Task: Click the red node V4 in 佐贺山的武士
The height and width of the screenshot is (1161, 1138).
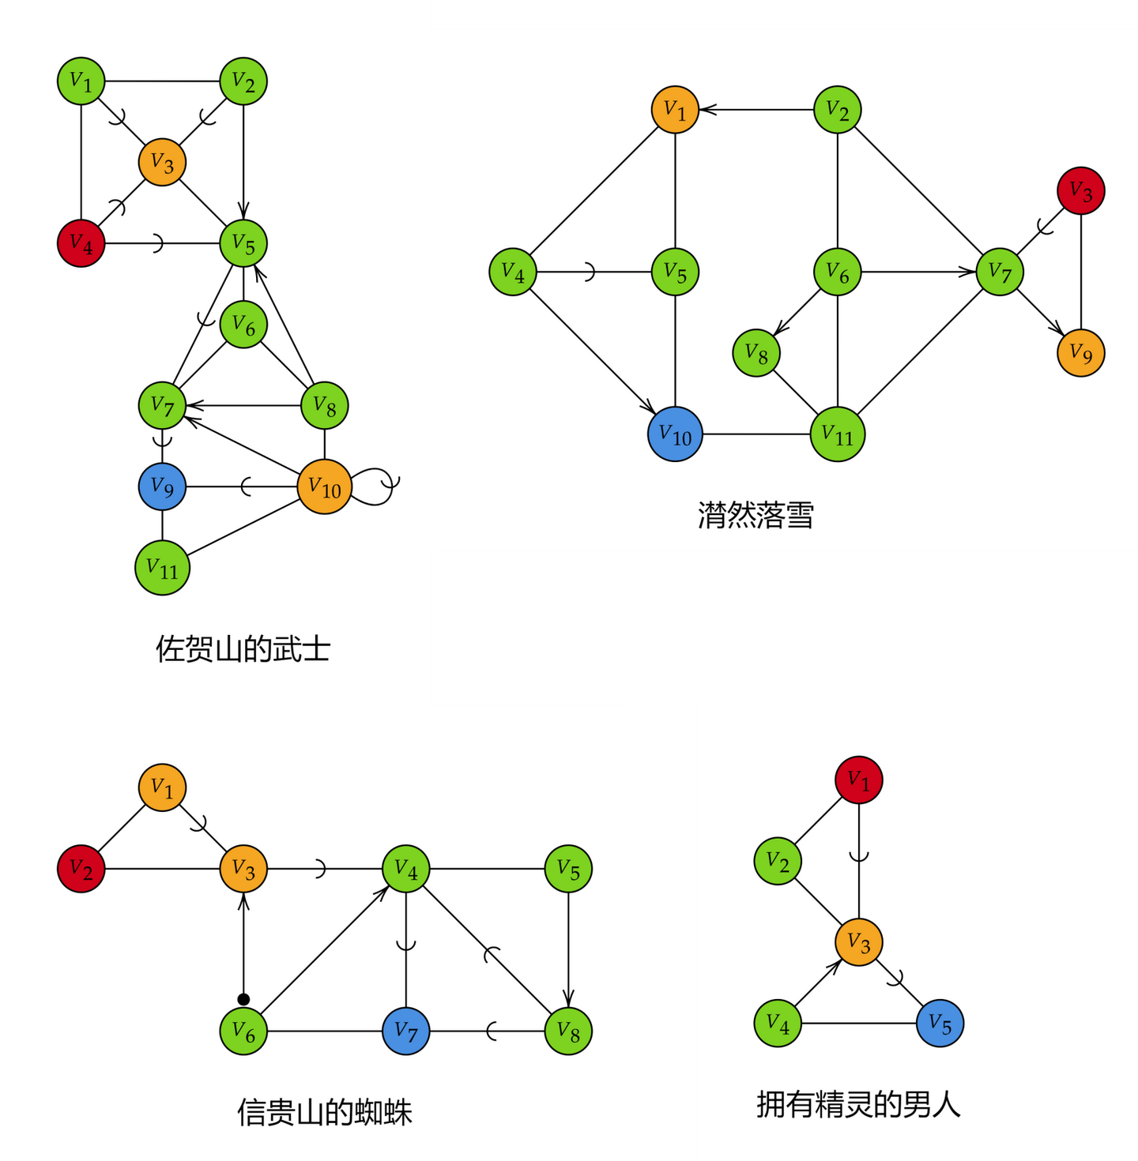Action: [x=81, y=243]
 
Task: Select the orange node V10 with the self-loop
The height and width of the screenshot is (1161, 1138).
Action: [x=324, y=487]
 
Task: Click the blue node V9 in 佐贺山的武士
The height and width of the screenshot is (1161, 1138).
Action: [x=162, y=487]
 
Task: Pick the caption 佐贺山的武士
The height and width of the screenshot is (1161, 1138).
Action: [x=243, y=649]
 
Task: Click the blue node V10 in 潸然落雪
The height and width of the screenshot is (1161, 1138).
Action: [x=675, y=434]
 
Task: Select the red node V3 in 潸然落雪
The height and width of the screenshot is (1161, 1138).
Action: [x=1080, y=190]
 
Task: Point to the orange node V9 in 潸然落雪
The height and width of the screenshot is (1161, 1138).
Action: [x=1080, y=352]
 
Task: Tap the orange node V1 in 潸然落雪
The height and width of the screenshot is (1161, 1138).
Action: [x=675, y=110]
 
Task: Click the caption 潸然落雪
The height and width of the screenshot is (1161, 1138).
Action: [x=756, y=515]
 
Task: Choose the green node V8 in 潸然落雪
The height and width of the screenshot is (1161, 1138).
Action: [x=756, y=352]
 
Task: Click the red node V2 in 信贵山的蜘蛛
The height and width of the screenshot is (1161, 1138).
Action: [x=81, y=869]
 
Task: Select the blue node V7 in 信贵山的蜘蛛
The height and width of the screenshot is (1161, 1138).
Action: [x=406, y=1031]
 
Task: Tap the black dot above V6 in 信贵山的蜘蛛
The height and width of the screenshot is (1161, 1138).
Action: [x=243, y=999]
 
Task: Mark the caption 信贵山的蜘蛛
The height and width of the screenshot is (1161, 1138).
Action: [x=324, y=1112]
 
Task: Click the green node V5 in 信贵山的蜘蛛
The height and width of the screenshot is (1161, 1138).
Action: [x=568, y=869]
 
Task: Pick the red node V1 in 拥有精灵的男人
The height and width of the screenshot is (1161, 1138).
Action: [x=858, y=780]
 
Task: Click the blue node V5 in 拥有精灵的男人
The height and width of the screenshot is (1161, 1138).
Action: [x=940, y=1023]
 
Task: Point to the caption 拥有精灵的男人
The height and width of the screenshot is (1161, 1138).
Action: [x=858, y=1104]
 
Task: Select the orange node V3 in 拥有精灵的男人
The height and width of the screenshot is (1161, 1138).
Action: [x=858, y=941]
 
